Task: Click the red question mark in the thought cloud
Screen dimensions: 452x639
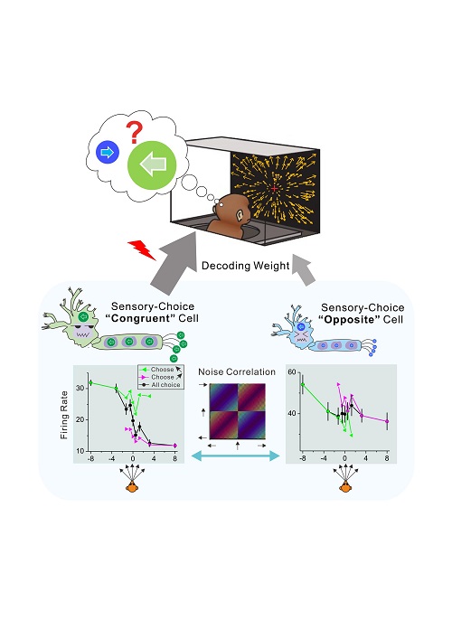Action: (x=134, y=132)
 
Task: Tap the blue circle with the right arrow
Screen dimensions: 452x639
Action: (x=108, y=153)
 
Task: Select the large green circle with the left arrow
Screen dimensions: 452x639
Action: (x=152, y=164)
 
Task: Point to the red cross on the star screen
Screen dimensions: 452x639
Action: (x=274, y=188)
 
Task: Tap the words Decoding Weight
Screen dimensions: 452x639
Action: (x=245, y=266)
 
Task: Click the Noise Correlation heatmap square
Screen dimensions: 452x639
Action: (x=237, y=411)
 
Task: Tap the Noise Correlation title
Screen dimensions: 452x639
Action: (x=237, y=371)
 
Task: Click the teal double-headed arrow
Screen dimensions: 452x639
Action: (x=236, y=456)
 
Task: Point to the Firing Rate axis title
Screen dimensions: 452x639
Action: (x=64, y=415)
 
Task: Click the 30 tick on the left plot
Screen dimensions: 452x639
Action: (x=80, y=388)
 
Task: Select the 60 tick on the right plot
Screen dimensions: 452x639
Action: (x=292, y=372)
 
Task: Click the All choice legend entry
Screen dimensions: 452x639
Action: (x=161, y=385)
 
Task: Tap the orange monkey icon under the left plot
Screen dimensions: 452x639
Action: (x=133, y=486)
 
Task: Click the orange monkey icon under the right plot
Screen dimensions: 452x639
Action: (x=345, y=486)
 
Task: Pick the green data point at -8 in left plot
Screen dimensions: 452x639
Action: (x=91, y=382)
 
